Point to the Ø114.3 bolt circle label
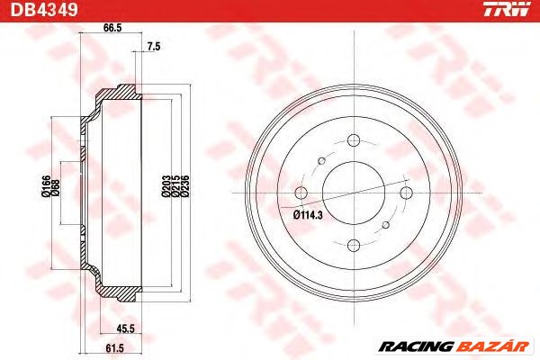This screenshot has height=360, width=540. [308, 214]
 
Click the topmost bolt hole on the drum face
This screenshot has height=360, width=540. [353, 139]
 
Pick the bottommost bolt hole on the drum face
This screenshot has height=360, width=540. [353, 244]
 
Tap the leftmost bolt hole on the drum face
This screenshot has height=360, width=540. [301, 192]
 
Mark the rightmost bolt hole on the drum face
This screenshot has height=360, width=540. [405, 192]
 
